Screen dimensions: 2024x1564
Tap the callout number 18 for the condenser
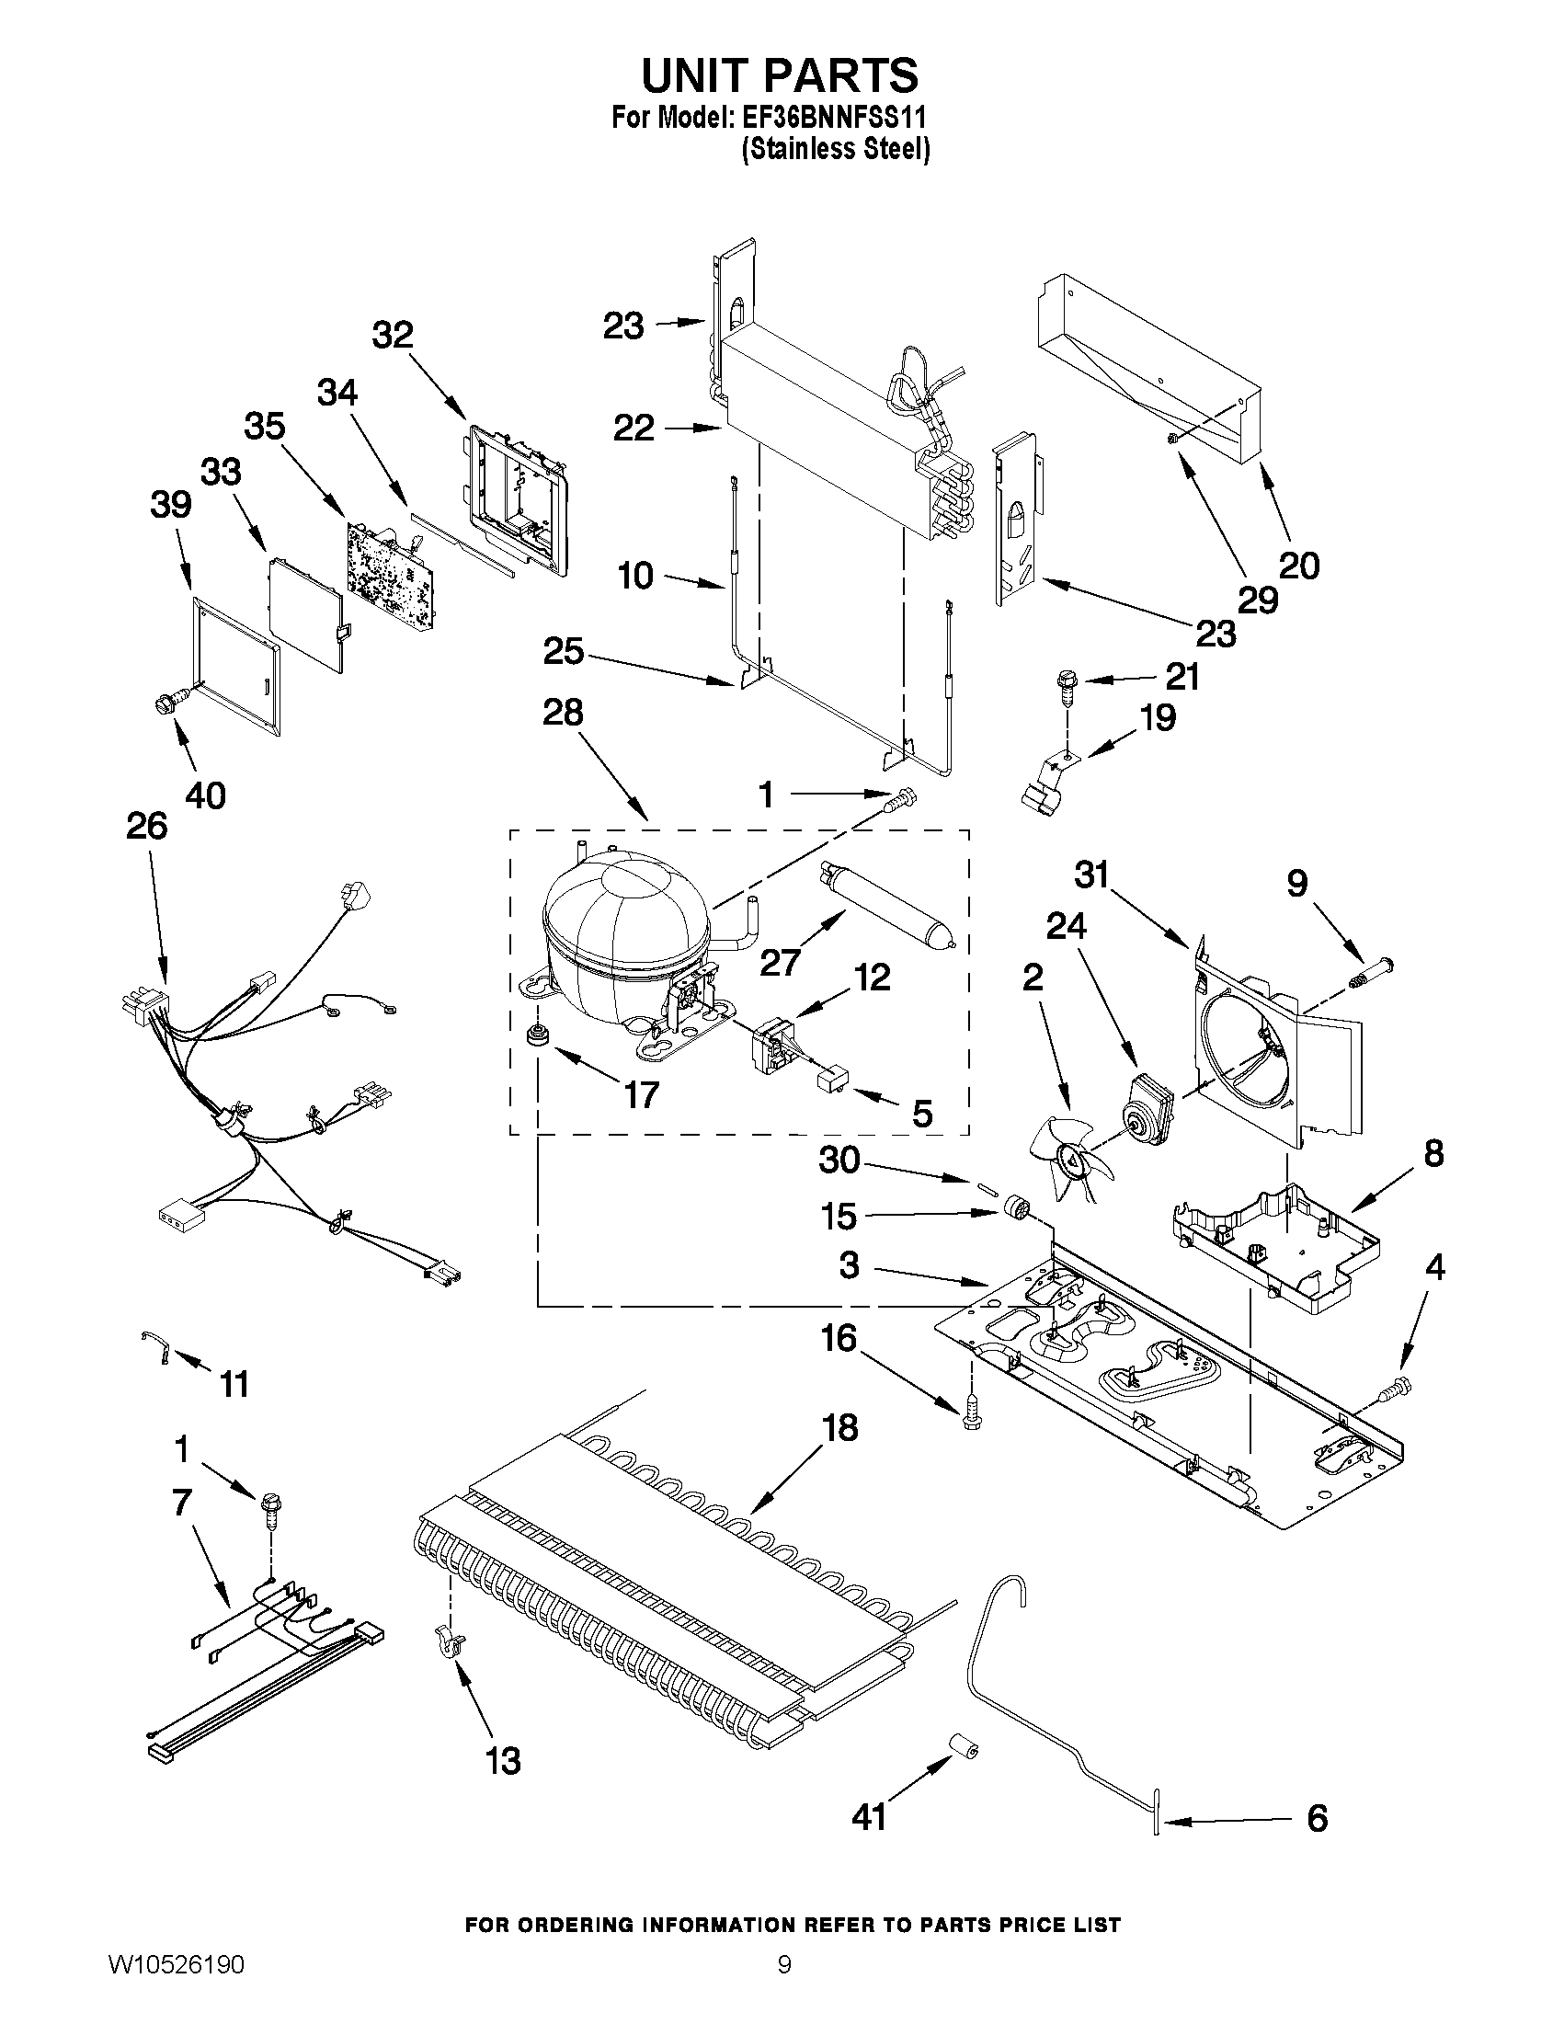(x=839, y=1428)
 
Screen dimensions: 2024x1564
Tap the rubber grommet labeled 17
(x=535, y=1036)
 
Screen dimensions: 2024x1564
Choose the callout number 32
(x=393, y=335)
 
